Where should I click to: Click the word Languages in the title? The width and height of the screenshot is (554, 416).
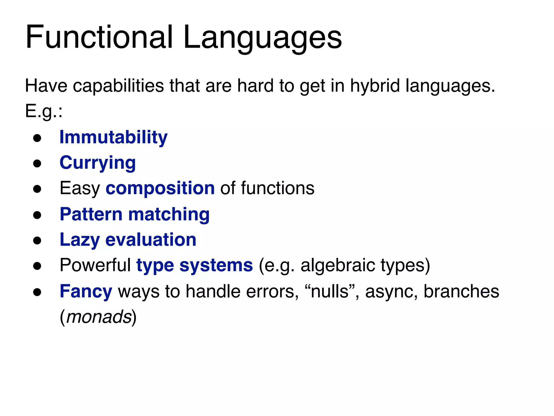click(x=262, y=38)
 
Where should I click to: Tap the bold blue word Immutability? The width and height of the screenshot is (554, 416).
click(x=113, y=137)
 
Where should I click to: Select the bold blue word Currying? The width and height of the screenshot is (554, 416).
click(x=98, y=163)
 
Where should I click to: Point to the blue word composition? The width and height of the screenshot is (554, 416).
click(x=160, y=188)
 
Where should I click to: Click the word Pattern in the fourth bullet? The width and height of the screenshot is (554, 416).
click(x=91, y=214)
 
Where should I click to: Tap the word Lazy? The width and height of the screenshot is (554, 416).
click(x=80, y=240)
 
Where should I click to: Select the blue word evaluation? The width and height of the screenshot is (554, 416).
click(x=151, y=240)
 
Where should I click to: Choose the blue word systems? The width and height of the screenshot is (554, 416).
click(x=216, y=266)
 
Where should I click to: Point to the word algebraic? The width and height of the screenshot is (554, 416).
click(x=338, y=266)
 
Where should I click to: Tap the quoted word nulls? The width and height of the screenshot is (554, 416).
click(x=329, y=291)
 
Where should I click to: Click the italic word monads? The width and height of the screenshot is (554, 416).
click(x=99, y=317)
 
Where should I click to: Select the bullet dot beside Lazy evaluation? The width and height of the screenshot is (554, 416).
click(x=37, y=240)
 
